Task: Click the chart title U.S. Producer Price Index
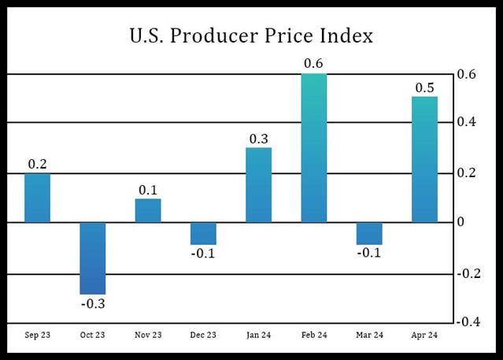(x=251, y=36)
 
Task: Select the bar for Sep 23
(x=37, y=198)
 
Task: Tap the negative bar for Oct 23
(x=92, y=258)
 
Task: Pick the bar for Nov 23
(x=148, y=210)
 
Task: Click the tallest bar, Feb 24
(x=314, y=148)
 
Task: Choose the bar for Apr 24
(x=424, y=159)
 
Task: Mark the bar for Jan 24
(x=258, y=184)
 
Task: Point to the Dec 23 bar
(x=203, y=233)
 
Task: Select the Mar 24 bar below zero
(x=369, y=233)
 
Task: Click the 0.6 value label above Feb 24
(x=314, y=63)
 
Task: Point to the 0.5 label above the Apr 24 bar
(x=425, y=87)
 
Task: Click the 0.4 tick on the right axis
(x=467, y=122)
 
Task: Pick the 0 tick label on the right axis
(x=462, y=222)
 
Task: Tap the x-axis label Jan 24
(x=258, y=336)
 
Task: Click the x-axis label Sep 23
(x=37, y=336)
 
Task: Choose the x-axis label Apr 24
(x=424, y=336)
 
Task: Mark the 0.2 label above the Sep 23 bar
(x=37, y=164)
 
